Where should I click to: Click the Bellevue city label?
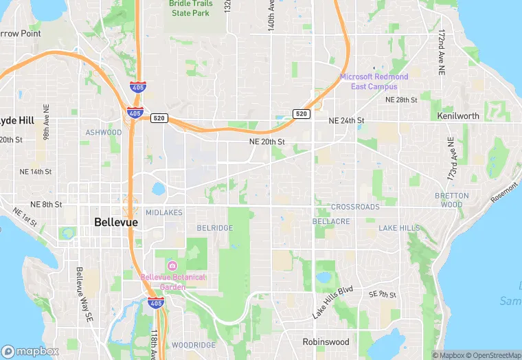(x=115, y=223)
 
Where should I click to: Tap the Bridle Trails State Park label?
(x=192, y=8)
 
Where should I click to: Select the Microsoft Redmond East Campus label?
(x=374, y=81)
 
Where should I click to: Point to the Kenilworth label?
(x=458, y=116)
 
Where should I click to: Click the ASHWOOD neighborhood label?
(x=103, y=132)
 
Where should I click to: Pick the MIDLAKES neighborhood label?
(x=164, y=213)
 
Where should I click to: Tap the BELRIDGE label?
(x=214, y=228)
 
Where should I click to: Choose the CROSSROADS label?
(x=355, y=207)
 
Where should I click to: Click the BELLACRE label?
(x=331, y=222)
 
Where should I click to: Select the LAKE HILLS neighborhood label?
(x=399, y=228)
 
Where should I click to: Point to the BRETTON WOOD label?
(x=452, y=200)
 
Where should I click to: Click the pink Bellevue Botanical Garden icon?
(x=172, y=266)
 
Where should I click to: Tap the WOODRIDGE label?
(x=194, y=345)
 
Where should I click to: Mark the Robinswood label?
(x=326, y=341)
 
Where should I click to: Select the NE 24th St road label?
(x=346, y=120)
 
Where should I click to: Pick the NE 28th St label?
(x=401, y=100)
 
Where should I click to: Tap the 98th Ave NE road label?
(x=46, y=122)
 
